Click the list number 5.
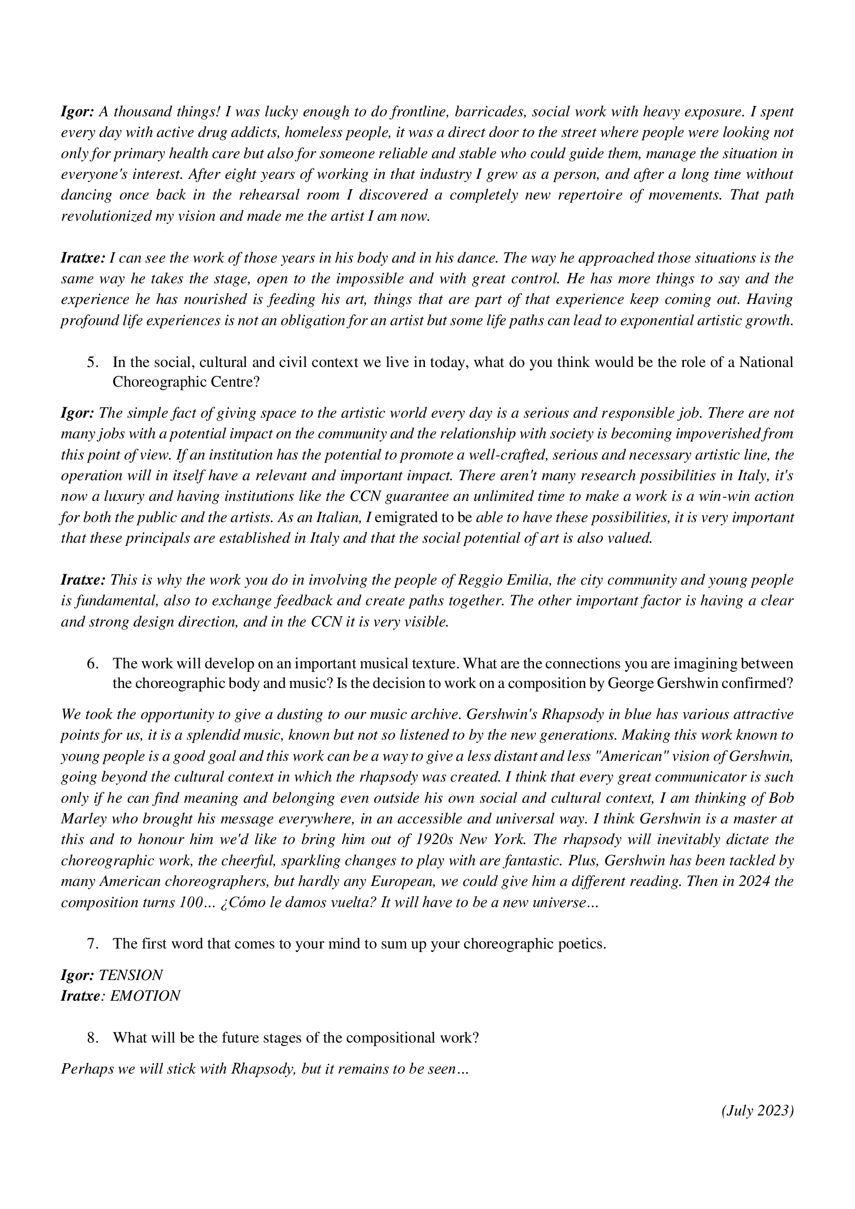tap(93, 362)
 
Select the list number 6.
tap(93, 664)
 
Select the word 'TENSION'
tap(131, 975)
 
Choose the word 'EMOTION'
tap(145, 996)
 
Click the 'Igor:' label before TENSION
tap(78, 975)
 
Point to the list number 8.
tap(93, 1037)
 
